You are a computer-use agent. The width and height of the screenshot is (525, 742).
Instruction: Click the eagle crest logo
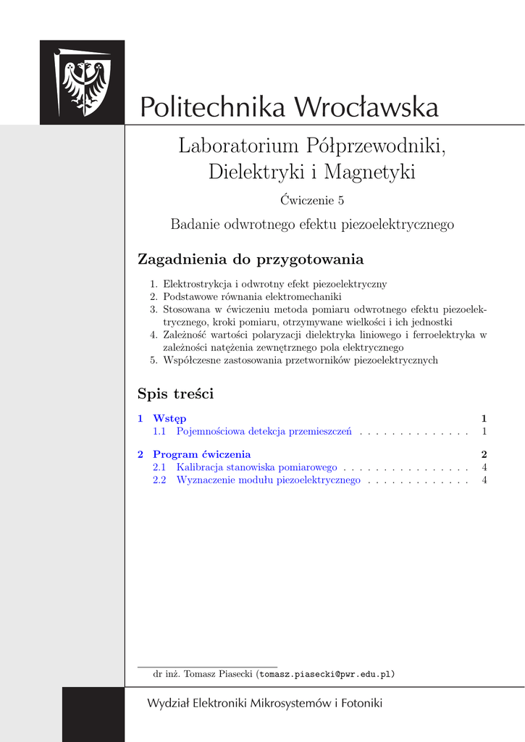pos(83,82)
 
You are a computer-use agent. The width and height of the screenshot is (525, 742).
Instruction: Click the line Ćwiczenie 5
pos(312,200)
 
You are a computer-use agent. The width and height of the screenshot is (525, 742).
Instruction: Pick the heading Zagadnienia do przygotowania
pos(251,259)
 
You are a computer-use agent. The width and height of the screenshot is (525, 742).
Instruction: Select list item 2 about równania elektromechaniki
pos(252,296)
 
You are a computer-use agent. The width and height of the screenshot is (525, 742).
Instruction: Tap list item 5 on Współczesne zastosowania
pos(301,360)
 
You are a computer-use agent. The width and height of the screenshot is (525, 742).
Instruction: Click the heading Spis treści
pos(175,394)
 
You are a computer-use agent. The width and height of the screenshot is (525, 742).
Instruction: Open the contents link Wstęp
pos(169,418)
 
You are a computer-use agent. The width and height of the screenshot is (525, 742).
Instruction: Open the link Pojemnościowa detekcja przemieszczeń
pos(264,431)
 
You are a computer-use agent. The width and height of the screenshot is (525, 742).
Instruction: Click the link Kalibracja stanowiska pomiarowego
pos(257,467)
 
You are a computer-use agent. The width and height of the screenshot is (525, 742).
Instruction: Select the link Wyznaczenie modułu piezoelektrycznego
pos(268,480)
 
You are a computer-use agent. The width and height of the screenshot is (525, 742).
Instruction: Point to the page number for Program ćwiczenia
pos(483,454)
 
